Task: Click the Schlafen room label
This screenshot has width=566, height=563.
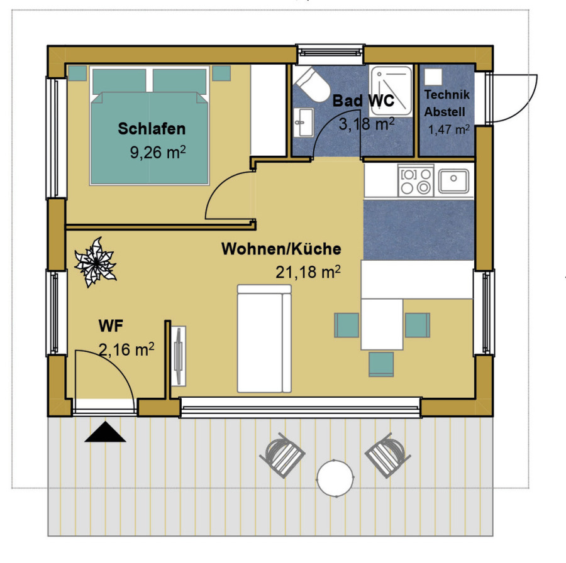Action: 152,129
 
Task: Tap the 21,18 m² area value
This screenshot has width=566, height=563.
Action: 308,272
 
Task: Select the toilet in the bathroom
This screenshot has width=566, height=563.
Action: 312,84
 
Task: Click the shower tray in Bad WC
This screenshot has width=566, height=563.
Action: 391,90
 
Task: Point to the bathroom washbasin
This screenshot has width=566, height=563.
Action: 303,123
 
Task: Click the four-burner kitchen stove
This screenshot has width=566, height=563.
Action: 416,180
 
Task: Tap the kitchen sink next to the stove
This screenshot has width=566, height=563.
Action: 453,181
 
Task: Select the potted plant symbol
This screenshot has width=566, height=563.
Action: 96,262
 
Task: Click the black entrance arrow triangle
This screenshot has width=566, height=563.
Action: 105,432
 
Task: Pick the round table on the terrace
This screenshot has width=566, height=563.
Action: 335,478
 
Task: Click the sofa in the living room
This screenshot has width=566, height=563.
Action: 264,338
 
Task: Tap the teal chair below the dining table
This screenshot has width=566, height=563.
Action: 381,364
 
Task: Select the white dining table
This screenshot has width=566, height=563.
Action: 382,324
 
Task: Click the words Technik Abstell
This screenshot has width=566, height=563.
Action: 447,103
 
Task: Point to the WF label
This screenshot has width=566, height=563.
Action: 111,325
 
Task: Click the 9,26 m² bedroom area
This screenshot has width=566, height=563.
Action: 158,152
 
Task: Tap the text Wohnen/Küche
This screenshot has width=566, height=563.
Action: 281,249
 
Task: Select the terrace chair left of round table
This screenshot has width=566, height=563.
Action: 282,455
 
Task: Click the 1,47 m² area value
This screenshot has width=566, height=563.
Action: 448,129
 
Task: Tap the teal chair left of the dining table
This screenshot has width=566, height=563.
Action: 347,325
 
